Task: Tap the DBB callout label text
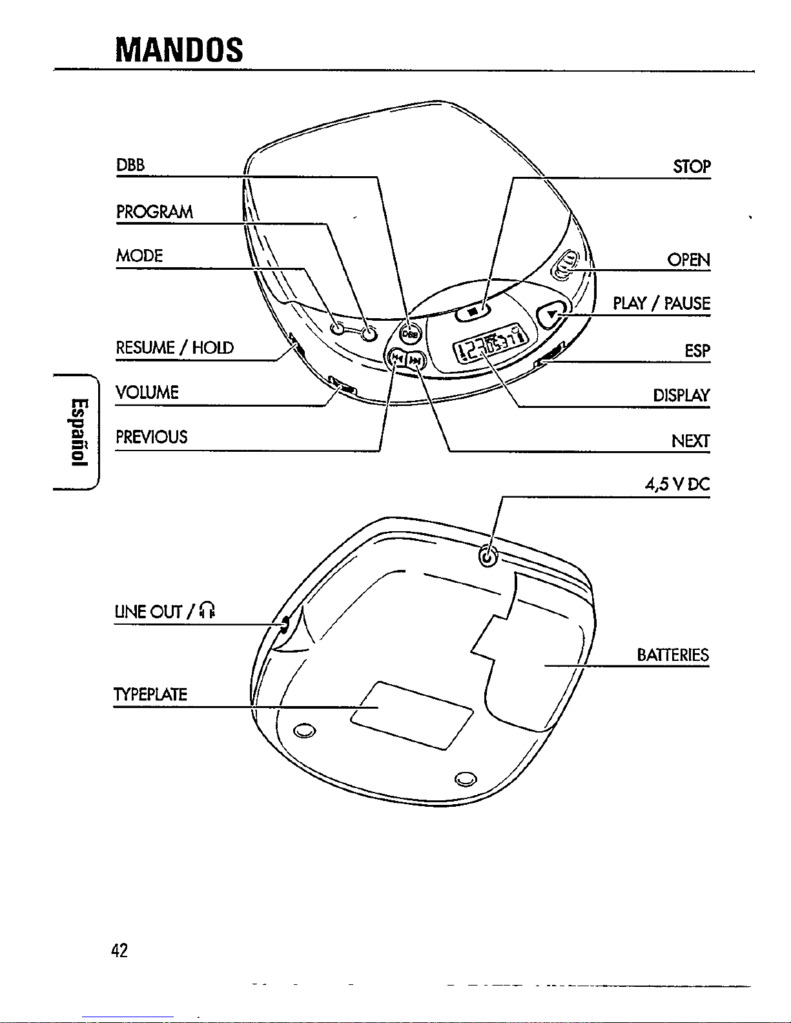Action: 130,165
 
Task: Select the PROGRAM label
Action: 154,212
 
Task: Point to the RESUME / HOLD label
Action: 175,348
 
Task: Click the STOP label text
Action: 692,167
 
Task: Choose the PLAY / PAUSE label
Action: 661,303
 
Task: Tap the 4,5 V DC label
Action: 677,485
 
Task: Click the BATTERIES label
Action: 673,655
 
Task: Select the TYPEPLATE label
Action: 150,694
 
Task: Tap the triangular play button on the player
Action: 551,314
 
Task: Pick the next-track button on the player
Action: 415,361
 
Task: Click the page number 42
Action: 119,951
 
